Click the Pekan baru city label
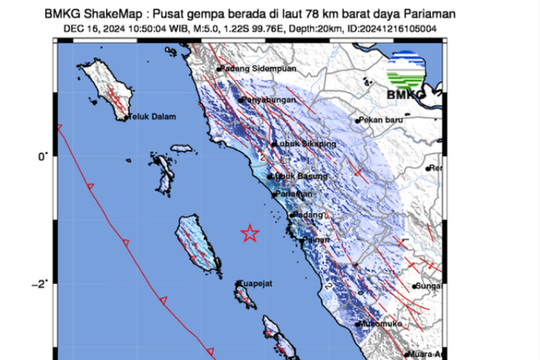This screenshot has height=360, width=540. click(x=382, y=120)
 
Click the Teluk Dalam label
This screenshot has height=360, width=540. click(x=152, y=117)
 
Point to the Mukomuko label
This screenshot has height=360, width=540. click(x=380, y=323)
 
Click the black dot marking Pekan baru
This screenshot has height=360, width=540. click(x=357, y=121)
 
